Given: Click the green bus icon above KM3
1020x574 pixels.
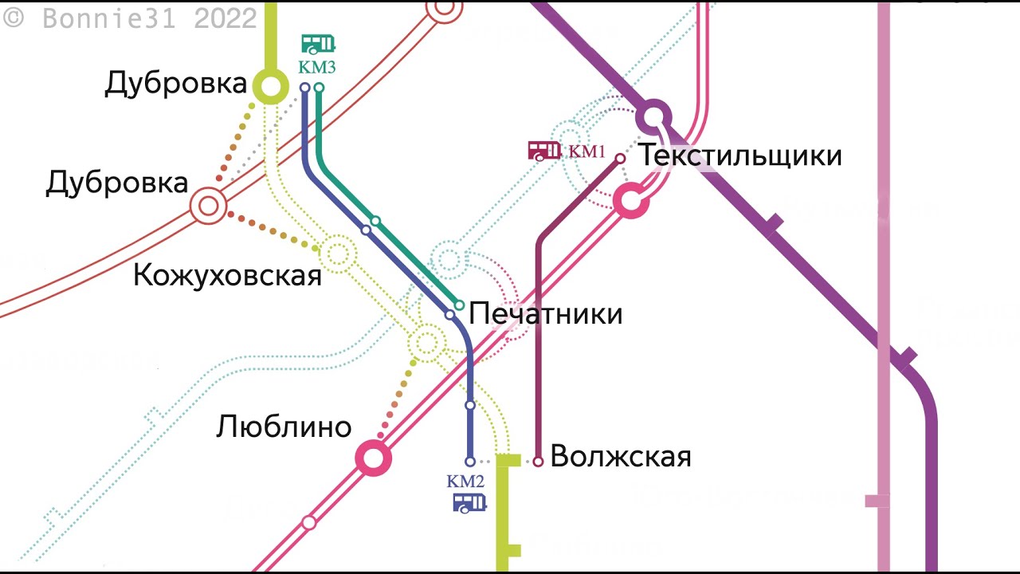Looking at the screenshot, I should (318, 44).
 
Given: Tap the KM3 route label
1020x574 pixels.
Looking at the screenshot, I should (317, 68).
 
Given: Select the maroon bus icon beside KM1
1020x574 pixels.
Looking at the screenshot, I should (544, 150).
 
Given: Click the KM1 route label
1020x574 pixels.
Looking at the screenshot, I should (587, 151).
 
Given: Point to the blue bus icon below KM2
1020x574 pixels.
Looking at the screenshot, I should (469, 502).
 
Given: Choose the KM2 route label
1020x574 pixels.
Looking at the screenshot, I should (465, 482).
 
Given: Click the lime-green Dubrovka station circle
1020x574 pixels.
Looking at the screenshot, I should (271, 86).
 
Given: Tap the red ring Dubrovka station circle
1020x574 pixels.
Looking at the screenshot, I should (208, 206).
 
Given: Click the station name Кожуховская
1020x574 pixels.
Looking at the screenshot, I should (227, 276).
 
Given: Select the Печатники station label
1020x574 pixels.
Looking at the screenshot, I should (546, 313).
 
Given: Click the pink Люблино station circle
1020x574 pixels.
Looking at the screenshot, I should (373, 458).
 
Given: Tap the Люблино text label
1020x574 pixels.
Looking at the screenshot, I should (284, 427).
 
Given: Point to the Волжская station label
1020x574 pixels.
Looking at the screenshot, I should (621, 457).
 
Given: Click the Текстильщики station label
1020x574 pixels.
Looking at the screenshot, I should (740, 155).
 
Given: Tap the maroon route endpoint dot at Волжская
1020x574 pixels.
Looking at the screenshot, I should (538, 461).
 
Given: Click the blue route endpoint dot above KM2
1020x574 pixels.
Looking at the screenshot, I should (470, 461).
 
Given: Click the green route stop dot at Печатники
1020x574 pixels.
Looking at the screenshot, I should (459, 305).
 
